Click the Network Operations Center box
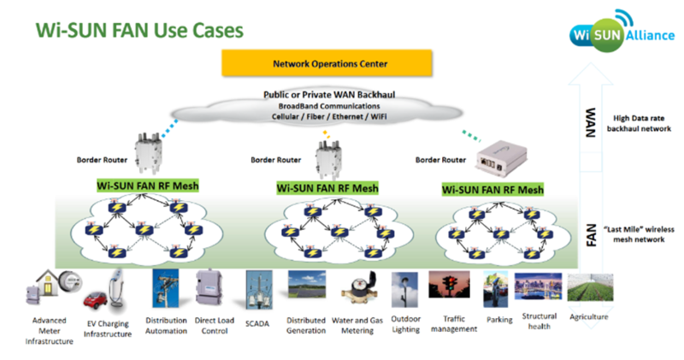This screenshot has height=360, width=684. [327, 63]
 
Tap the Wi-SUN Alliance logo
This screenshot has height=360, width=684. [622, 32]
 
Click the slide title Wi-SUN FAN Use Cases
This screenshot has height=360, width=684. [139, 31]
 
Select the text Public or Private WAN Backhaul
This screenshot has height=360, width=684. [329, 95]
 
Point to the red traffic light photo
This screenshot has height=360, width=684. [449, 285]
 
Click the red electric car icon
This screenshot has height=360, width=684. [95, 301]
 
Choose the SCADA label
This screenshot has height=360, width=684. [257, 324]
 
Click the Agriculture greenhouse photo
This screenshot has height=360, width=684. [590, 287]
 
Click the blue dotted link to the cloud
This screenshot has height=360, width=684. [170, 128]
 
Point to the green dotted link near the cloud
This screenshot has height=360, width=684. [471, 135]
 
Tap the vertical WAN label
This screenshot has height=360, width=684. [590, 122]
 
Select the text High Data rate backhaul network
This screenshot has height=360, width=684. [639, 123]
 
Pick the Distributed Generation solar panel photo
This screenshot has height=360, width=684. [307, 285]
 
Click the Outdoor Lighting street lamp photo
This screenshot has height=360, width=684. [404, 290]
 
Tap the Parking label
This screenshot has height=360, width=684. [499, 320]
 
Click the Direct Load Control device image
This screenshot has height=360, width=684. [209, 287]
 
